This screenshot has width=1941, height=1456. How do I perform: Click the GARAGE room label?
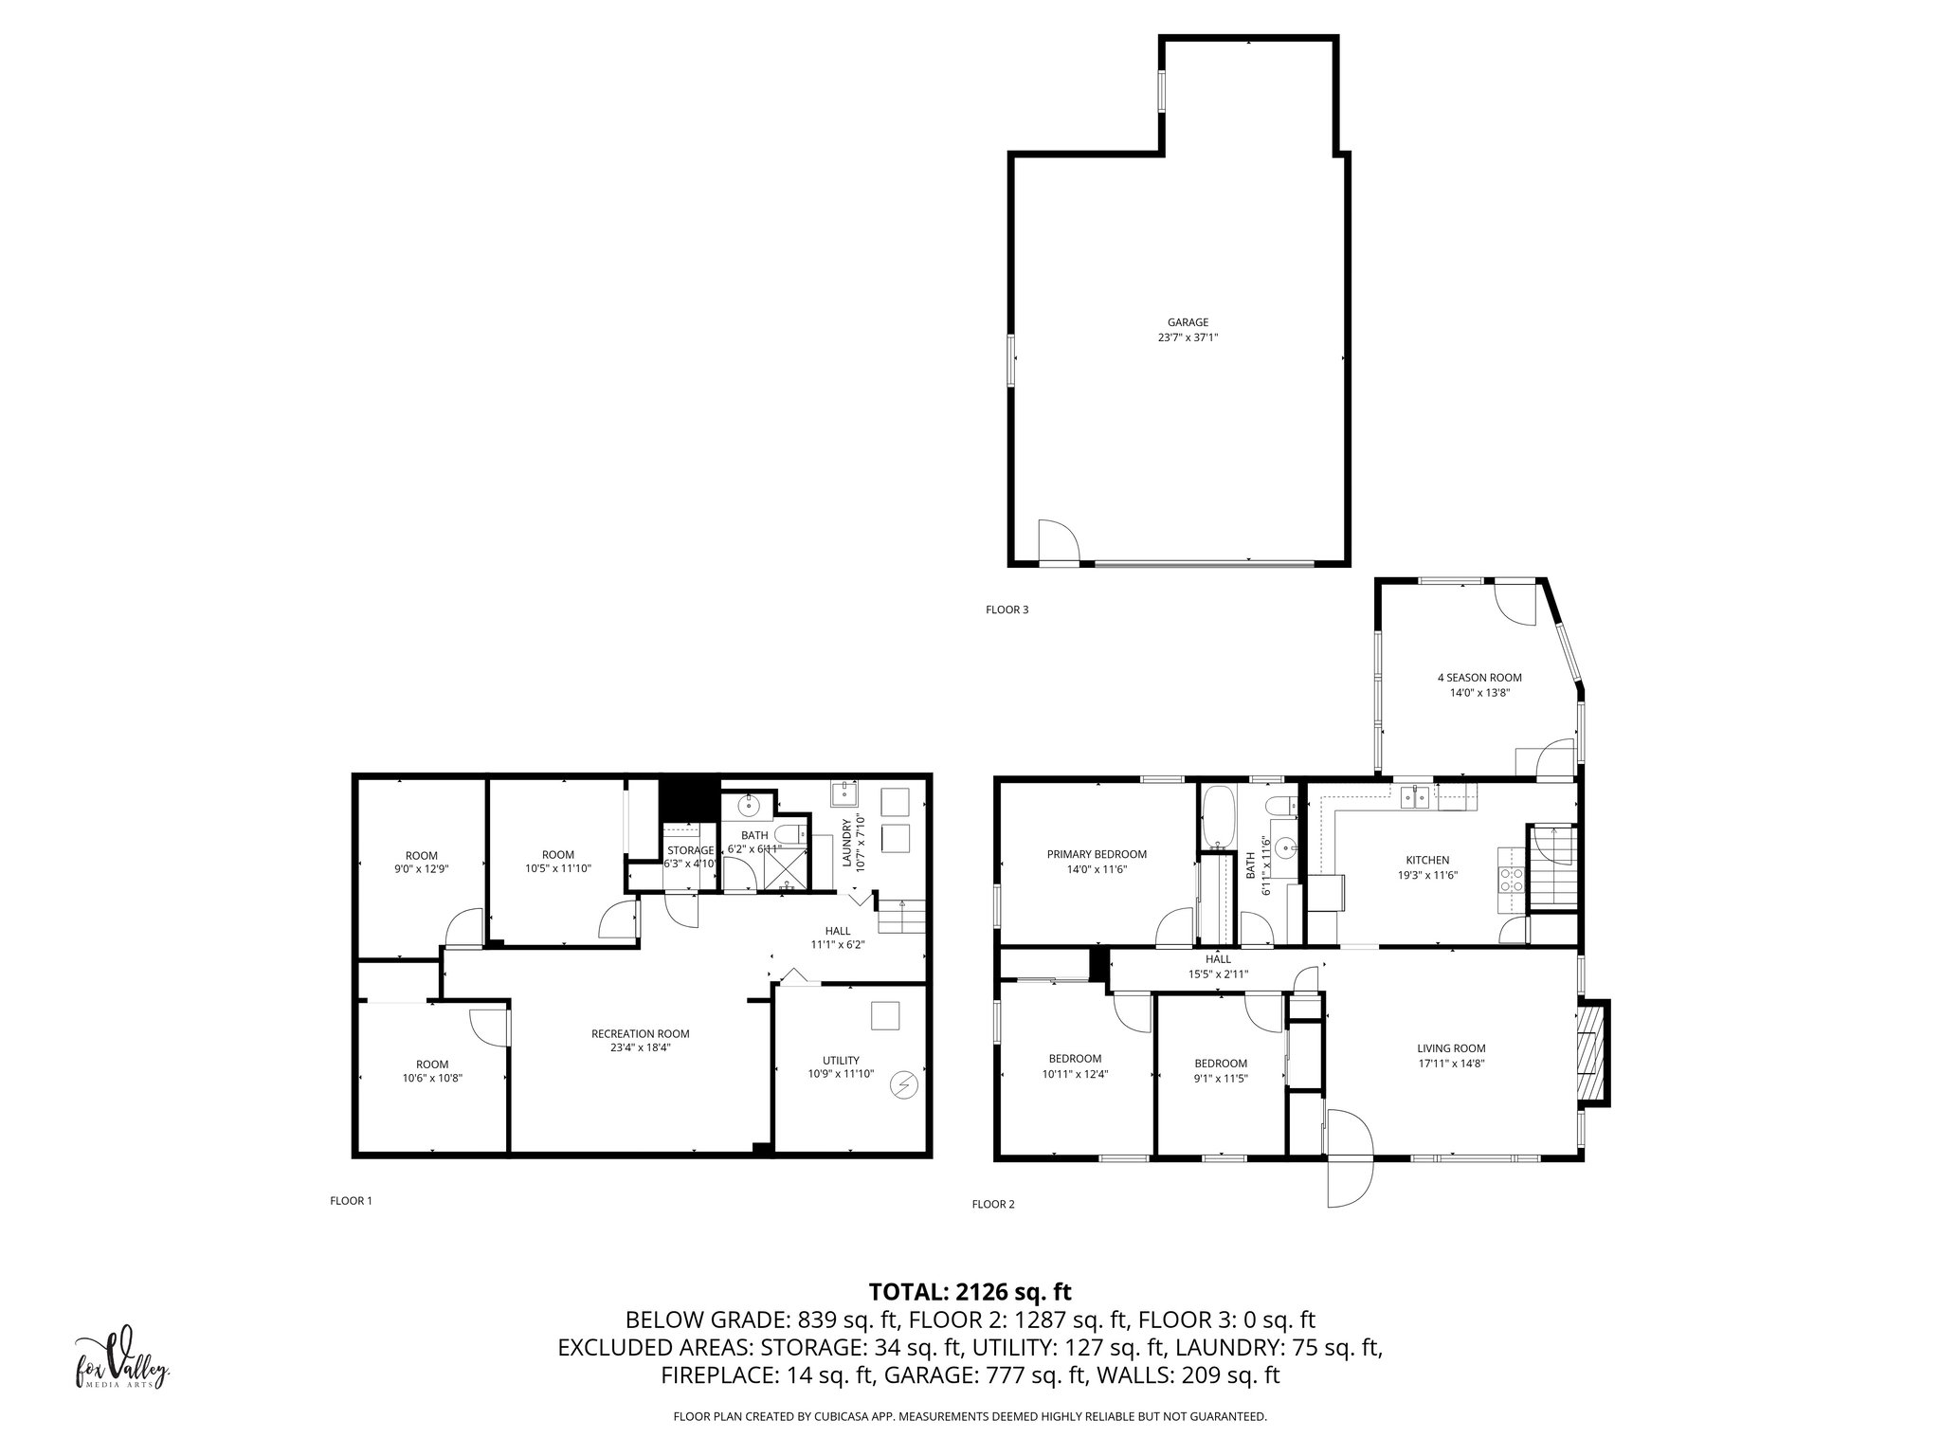1188,322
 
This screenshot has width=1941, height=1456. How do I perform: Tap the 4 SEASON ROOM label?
1478,678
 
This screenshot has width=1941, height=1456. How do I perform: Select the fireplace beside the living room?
1591,1051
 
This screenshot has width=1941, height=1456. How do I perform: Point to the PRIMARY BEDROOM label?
1097,854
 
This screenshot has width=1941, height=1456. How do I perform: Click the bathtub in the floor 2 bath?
1217,817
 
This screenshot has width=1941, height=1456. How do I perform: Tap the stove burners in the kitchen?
1510,880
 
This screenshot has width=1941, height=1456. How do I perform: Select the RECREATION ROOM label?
640,1034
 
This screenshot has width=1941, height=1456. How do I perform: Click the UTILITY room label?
841,1060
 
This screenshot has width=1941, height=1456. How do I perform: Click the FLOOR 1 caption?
351,1201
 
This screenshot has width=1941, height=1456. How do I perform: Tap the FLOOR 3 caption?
1007,610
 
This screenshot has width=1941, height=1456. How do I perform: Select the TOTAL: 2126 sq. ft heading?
970,1292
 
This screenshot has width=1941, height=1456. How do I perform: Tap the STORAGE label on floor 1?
690,850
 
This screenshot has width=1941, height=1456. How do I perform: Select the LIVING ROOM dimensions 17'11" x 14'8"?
1451,1064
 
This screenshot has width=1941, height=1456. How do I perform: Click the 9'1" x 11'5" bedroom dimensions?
1221,1078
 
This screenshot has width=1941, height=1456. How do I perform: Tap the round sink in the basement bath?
749,807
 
